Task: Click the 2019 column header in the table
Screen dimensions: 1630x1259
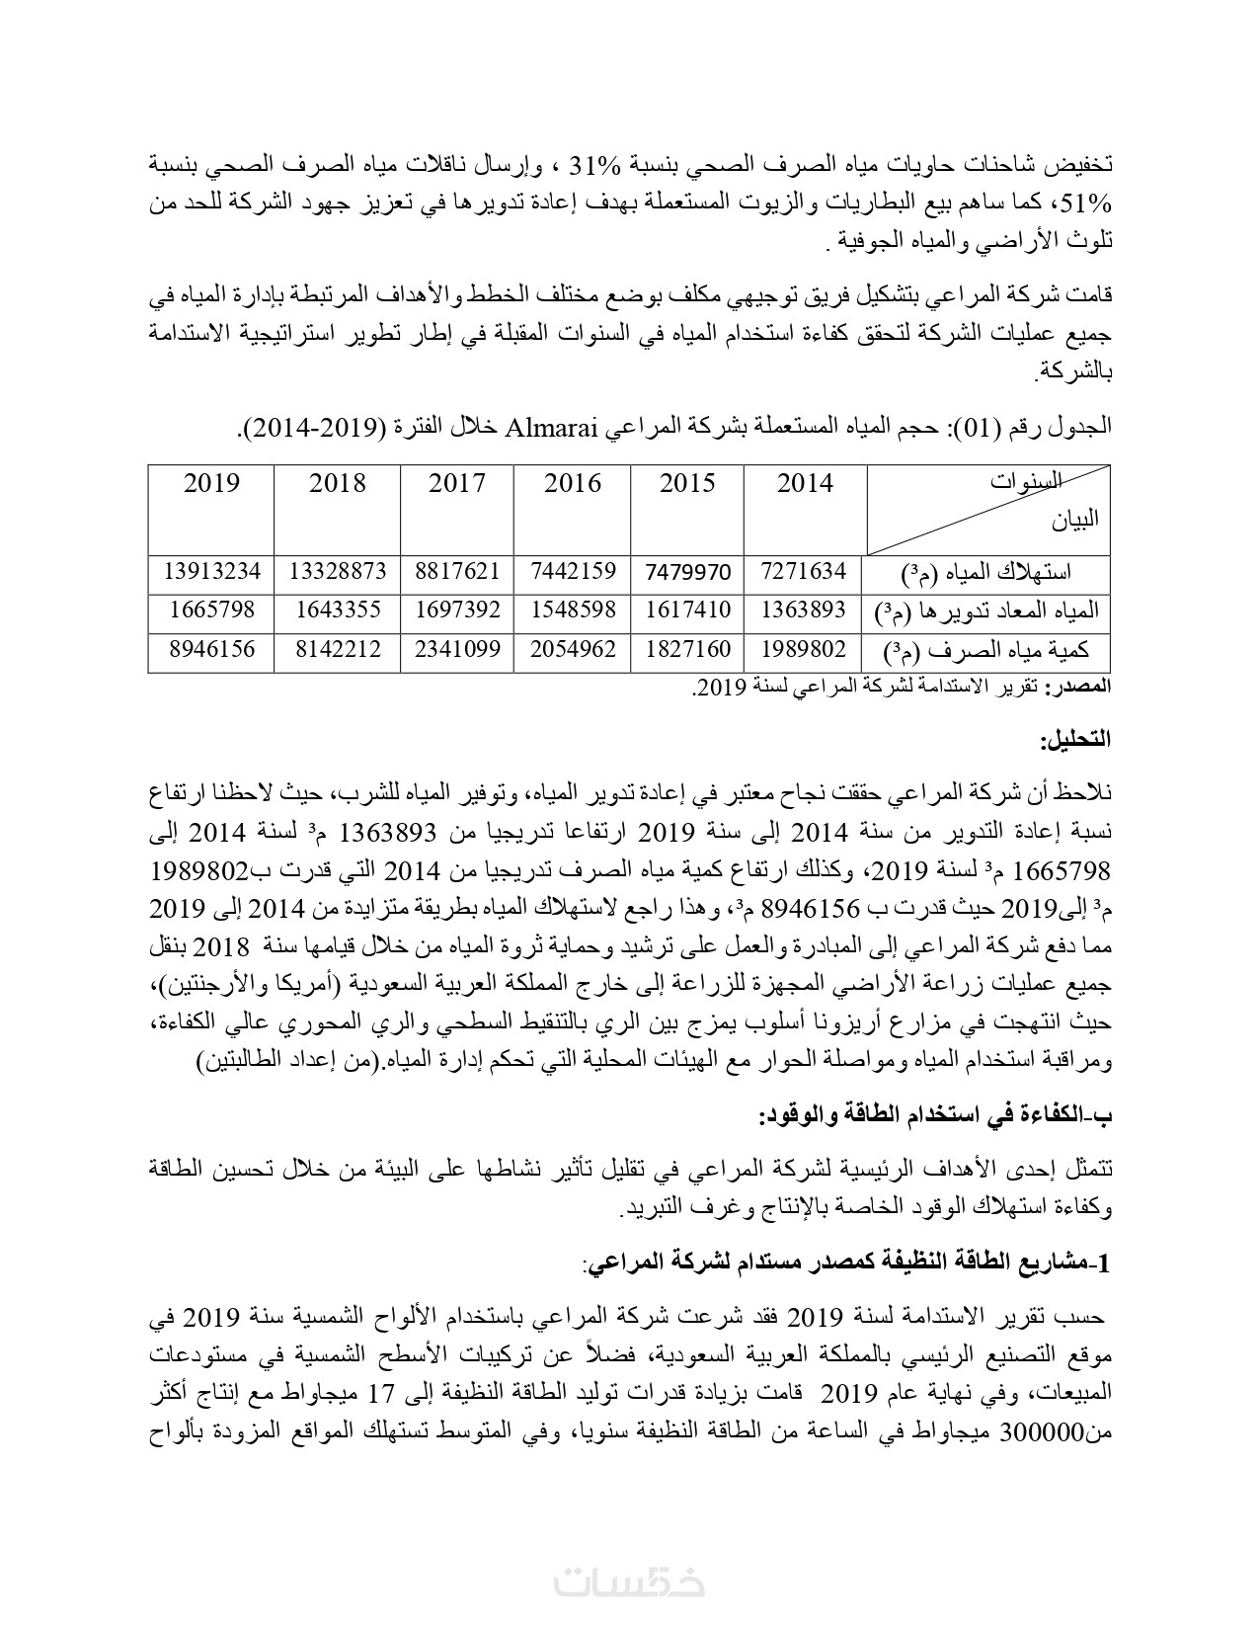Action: pos(212,483)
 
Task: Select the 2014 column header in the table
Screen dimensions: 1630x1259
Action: pos(805,483)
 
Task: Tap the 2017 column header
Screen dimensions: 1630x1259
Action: pos(457,483)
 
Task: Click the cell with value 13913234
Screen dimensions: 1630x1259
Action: pos(212,571)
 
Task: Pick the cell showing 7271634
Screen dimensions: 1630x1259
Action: pos(805,571)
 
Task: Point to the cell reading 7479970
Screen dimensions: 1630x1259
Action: pos(688,571)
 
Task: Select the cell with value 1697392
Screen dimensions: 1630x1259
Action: pos(457,611)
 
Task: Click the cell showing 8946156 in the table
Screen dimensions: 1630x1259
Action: pos(212,650)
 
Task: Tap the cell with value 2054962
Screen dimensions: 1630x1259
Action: pos(573,650)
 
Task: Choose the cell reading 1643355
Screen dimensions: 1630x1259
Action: pos(338,611)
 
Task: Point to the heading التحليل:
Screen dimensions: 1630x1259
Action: pos(1075,738)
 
